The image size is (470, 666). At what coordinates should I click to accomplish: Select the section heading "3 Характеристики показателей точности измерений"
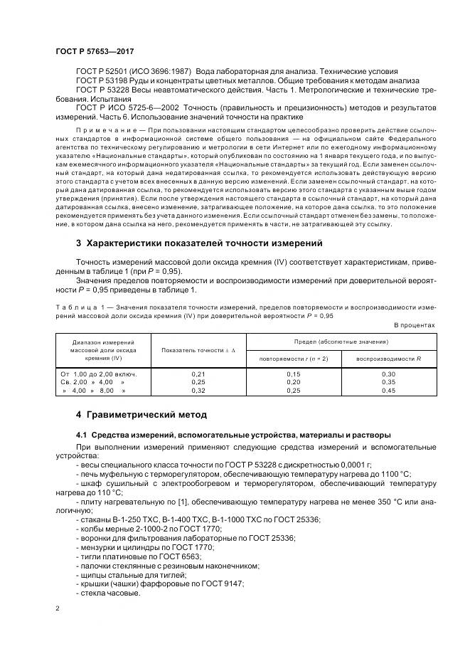tap(199, 243)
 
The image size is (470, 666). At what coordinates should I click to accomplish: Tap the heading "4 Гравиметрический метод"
tap(141, 414)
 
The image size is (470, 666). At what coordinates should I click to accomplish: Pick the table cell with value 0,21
tap(198, 373)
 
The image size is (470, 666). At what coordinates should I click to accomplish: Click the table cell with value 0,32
tap(198, 390)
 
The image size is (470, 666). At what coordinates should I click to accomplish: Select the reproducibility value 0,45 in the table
tap(388, 390)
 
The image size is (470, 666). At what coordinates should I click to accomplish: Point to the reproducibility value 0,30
tap(388, 373)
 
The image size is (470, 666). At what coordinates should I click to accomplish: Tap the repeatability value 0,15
tap(294, 373)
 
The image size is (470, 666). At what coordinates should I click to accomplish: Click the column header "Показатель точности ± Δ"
tap(198, 350)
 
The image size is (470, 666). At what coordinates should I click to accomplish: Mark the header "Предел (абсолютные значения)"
tap(341, 342)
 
